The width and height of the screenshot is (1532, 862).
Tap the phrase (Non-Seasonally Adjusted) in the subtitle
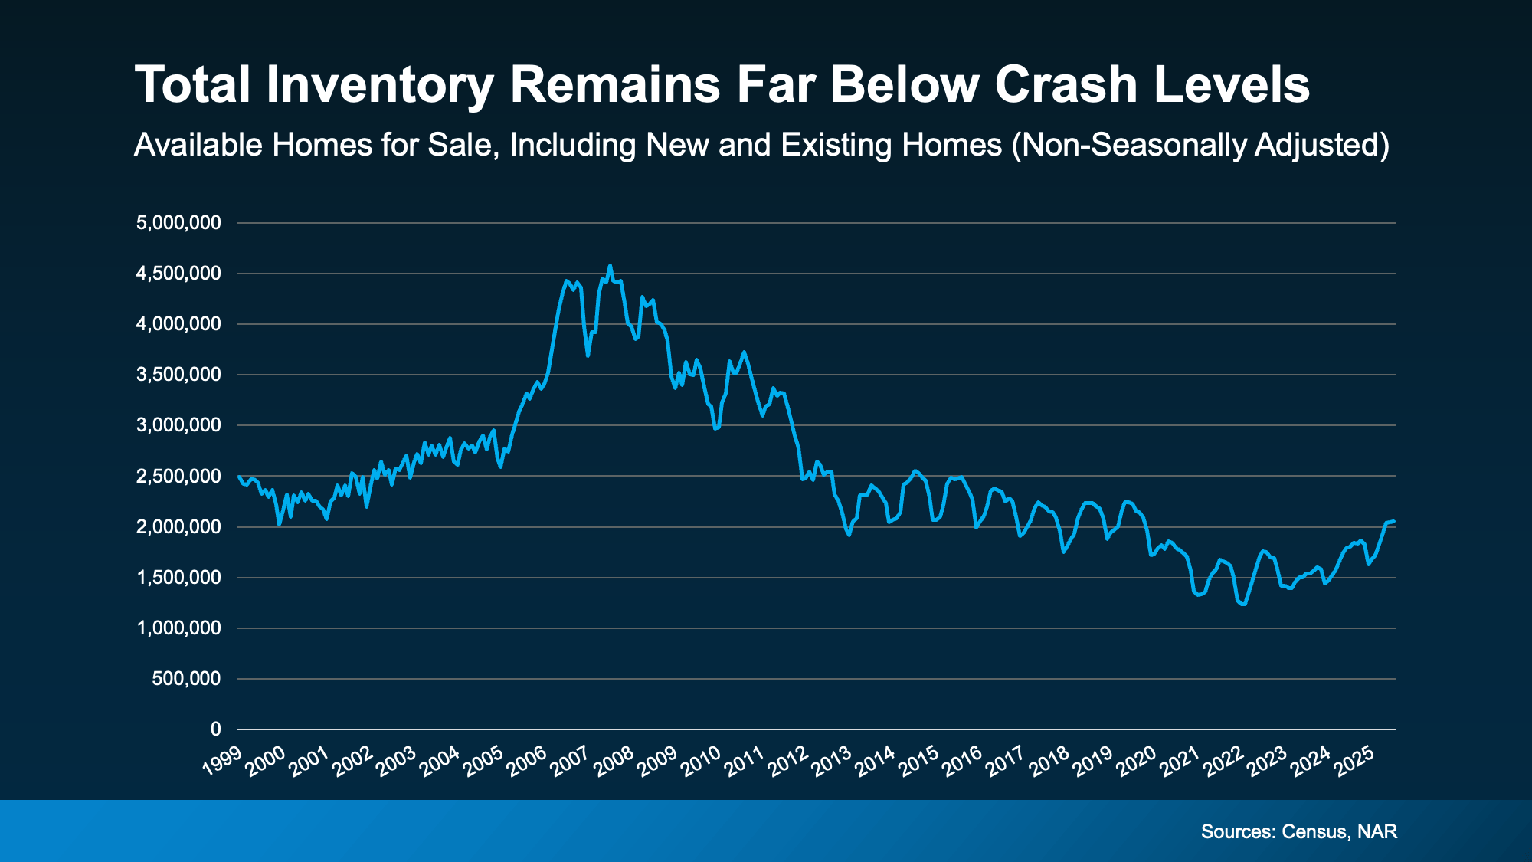point(1200,145)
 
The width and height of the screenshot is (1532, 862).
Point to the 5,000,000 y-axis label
point(178,223)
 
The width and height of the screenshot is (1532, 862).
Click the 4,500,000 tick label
point(178,274)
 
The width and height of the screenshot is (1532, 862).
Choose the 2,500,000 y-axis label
point(178,476)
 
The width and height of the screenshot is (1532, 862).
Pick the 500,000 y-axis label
point(186,678)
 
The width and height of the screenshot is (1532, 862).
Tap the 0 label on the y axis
point(215,729)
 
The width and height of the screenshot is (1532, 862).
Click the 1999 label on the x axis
point(222,761)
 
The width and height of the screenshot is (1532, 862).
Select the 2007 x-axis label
point(571,761)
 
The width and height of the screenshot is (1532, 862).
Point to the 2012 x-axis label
point(788,761)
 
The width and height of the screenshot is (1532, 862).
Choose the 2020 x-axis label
point(1137,761)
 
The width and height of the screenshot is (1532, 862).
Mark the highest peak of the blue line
point(610,266)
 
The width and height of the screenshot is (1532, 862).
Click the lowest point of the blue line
point(1243,605)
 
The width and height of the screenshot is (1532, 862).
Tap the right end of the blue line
point(1394,521)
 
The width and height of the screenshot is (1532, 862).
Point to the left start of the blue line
point(239,477)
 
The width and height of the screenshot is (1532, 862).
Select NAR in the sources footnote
point(1377,831)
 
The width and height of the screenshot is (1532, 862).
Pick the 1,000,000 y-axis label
point(178,628)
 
